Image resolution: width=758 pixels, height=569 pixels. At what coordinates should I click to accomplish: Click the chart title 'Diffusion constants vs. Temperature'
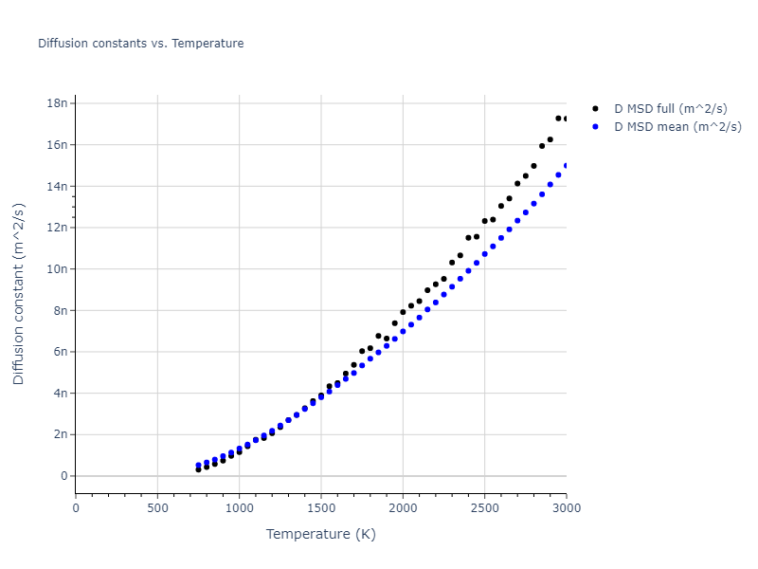tap(140, 44)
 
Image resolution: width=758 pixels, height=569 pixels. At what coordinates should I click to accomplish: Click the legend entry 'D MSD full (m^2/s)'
tap(677, 109)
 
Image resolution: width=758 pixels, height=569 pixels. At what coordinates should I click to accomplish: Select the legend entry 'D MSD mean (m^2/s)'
tap(677, 126)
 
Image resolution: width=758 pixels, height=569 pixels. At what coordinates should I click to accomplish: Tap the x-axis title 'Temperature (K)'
tap(320, 535)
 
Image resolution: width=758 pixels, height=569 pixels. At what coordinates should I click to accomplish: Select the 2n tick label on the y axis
tap(59, 434)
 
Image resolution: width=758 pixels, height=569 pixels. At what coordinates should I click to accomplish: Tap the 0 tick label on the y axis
tap(63, 476)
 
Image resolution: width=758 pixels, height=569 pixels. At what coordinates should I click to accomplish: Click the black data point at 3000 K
tap(566, 119)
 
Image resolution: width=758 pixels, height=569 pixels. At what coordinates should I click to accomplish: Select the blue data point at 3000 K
tap(566, 165)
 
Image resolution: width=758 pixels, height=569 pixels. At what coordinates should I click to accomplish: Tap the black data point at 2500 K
tap(484, 221)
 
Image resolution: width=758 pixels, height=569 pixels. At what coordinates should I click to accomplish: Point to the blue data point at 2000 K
tap(403, 331)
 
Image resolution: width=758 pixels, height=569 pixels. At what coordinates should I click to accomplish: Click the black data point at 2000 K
tap(403, 312)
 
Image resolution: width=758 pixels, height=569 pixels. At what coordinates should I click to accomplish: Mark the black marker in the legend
tap(595, 109)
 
